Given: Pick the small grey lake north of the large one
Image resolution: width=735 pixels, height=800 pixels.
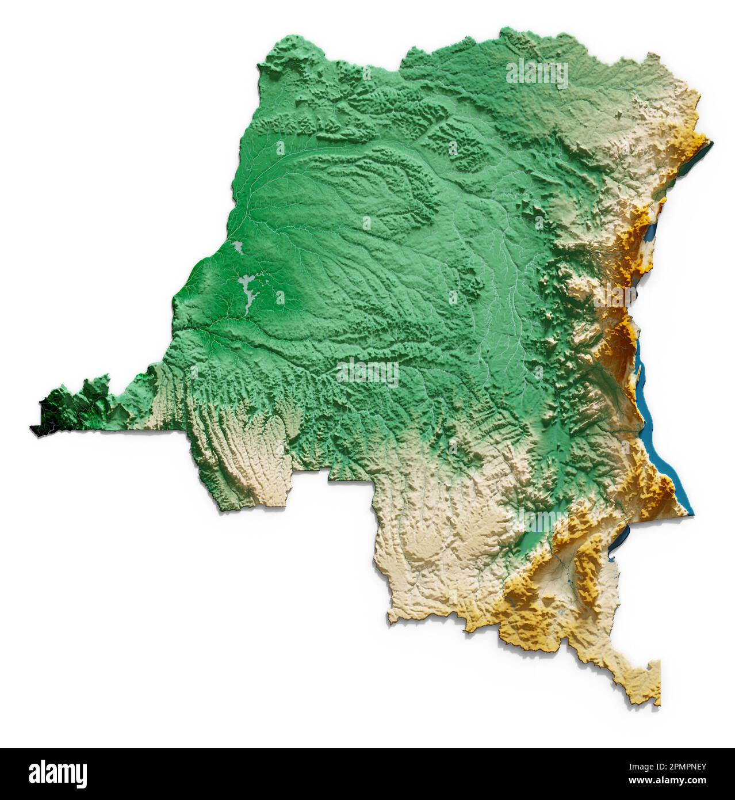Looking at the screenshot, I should [238, 248].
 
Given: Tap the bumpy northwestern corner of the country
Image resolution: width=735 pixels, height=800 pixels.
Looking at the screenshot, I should [270, 55].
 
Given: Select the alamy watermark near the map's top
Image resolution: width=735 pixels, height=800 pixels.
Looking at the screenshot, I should [537, 75].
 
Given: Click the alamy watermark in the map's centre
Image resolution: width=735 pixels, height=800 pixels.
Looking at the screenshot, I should [367, 373].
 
